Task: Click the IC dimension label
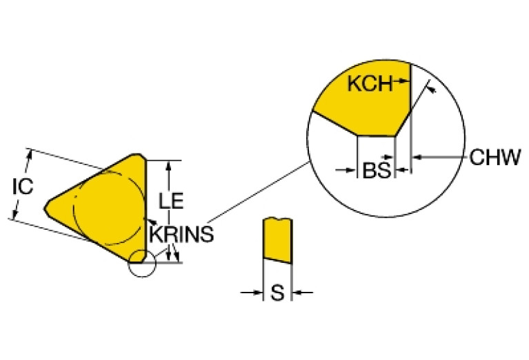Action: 22,186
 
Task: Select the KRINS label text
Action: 181,234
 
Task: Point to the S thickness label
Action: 277,294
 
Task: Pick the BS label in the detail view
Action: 376,170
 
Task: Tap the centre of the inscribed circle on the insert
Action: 109,206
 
